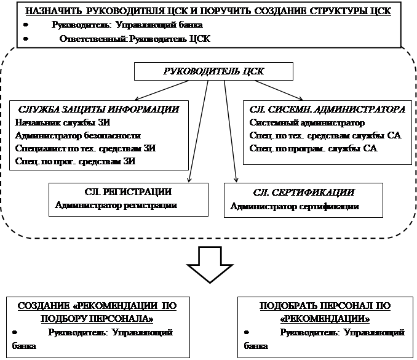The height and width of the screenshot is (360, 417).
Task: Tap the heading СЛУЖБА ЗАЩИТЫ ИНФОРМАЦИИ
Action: click(x=98, y=109)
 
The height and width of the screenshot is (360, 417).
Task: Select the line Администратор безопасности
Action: click(x=79, y=135)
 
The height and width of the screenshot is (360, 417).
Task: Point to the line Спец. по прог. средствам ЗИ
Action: click(x=77, y=162)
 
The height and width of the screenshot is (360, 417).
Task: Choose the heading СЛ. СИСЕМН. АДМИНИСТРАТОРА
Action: click(x=328, y=109)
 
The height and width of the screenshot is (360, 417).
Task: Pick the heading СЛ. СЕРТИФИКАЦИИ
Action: click(x=304, y=193)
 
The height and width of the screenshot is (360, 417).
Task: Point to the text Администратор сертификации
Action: click(x=295, y=206)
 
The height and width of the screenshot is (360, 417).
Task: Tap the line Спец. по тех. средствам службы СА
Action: click(x=325, y=135)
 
